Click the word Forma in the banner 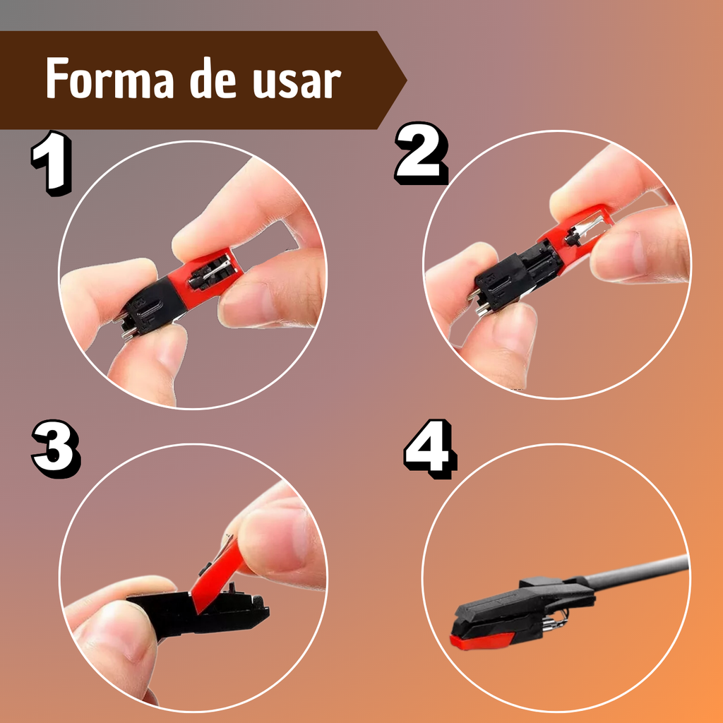[x=109, y=79]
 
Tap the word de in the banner [x=213, y=79]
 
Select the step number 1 [x=52, y=163]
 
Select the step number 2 [x=422, y=153]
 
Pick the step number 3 [x=56, y=448]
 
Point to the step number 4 [x=431, y=448]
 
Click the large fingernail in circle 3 [x=277, y=535]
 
